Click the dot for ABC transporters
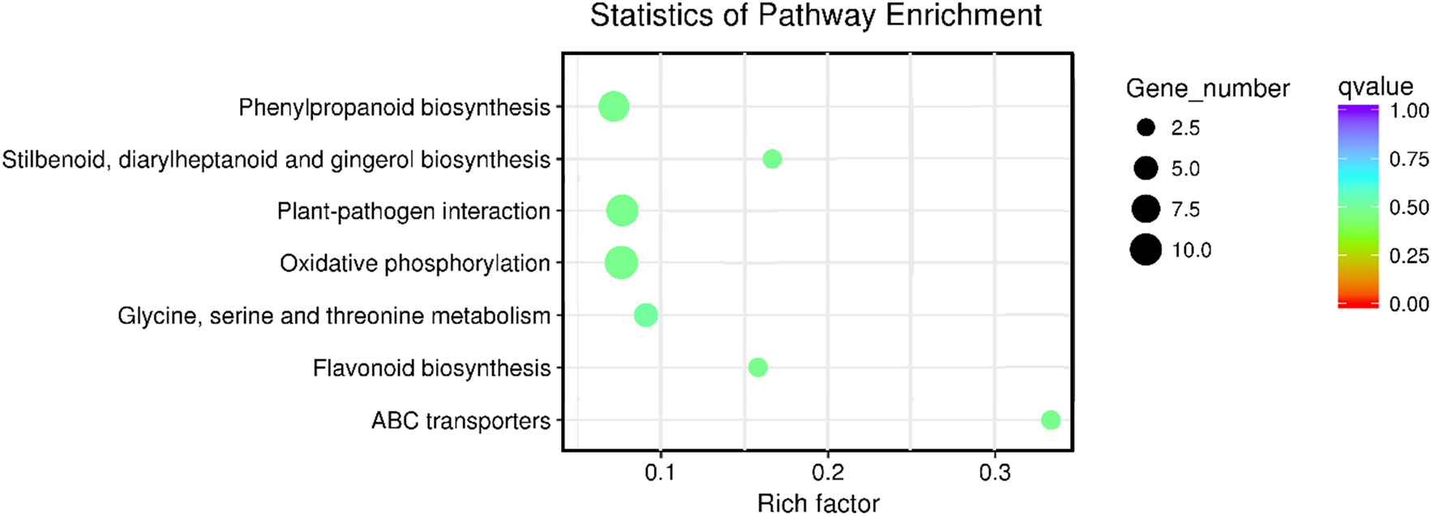coord(1050,419)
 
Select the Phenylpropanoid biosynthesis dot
coord(614,106)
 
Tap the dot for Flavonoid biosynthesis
coord(757,368)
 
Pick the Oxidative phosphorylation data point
coord(621,263)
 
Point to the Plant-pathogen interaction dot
coord(622,211)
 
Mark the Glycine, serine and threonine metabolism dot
coord(645,315)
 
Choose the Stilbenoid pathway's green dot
coord(772,159)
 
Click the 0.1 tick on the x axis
coord(660,473)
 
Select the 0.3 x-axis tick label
coord(994,473)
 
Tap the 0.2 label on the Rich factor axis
coord(827,473)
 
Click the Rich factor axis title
coord(817,503)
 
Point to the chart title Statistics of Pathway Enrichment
coord(816,16)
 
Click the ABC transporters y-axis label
coord(461,421)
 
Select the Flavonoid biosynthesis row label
coord(431,368)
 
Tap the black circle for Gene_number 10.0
coord(1146,250)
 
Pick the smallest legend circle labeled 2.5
coord(1146,127)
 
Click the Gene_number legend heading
coord(1207,88)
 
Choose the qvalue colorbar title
coord(1375,87)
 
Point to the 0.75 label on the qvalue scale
coord(1409,159)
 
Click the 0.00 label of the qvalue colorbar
coord(1409,304)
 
